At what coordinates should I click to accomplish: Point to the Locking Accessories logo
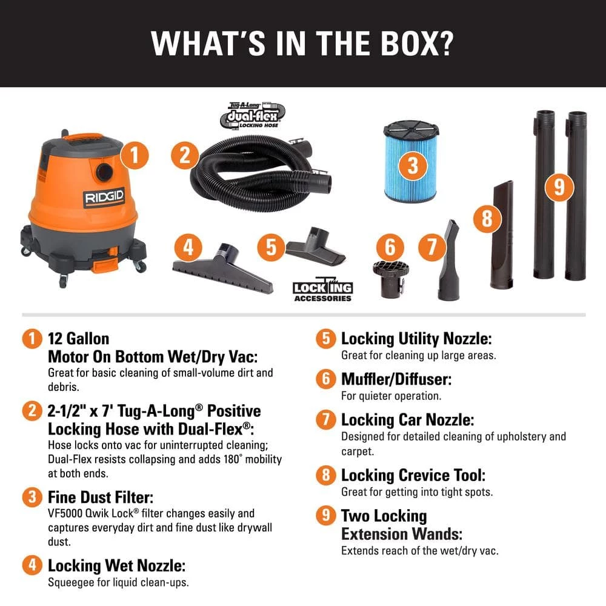tap(322, 291)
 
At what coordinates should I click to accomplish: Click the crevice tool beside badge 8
tap(503, 242)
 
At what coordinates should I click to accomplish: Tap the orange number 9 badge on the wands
tap(558, 186)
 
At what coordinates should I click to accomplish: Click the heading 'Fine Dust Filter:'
tap(100, 498)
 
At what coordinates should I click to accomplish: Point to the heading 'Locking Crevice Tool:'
tap(413, 475)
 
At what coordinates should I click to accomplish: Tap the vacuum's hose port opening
tap(104, 170)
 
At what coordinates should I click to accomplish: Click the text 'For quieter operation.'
tap(391, 396)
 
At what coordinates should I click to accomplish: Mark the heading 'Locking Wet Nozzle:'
tap(116, 566)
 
